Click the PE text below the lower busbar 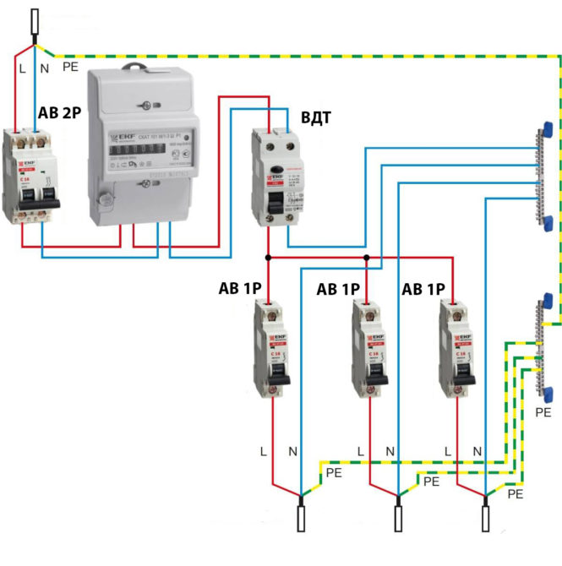point(543,413)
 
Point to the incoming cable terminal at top point(35,24)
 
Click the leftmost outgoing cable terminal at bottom point(301,516)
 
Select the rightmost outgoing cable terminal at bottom point(486,516)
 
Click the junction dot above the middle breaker point(366,257)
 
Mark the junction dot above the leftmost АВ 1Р point(268,257)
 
